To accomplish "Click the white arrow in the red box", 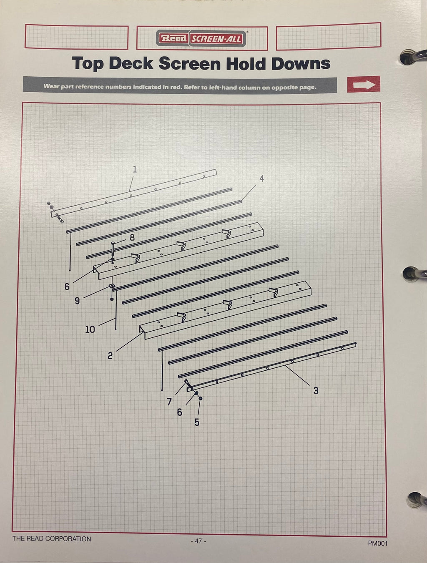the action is click(364, 84).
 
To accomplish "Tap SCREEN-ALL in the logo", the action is click(216, 39).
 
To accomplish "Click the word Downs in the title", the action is click(301, 64).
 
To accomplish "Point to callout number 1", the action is click(135, 169).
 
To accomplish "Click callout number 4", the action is click(261, 179).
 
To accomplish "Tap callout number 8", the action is click(132, 238).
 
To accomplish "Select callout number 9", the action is click(77, 301).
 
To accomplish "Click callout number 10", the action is click(90, 329).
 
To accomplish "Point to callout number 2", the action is click(110, 356).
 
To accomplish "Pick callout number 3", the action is click(316, 391).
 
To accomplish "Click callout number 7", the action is click(169, 402).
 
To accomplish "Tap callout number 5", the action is click(197, 422).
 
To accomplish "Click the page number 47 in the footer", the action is click(198, 541).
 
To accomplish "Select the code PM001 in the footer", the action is click(377, 543).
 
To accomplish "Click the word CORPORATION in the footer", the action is click(69, 539).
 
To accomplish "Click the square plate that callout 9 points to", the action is click(112, 286).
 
